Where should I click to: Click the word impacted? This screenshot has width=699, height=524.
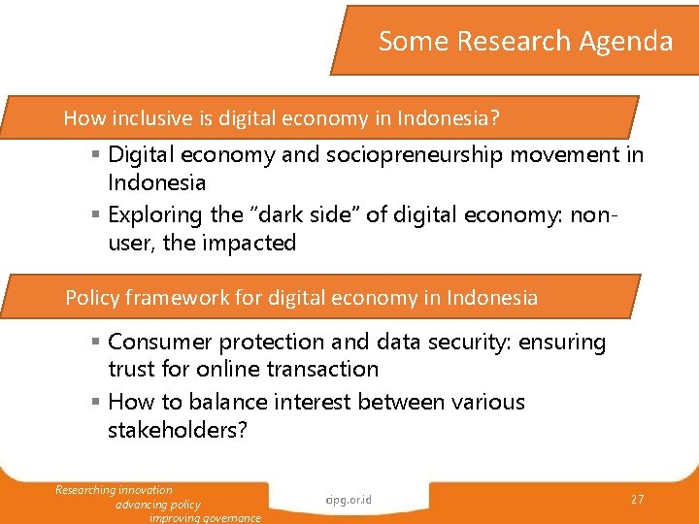coord(249,243)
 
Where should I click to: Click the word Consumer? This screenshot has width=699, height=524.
coord(160,342)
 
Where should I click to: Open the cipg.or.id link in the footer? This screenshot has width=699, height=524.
coord(349,501)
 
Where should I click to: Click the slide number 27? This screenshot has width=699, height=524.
coord(637,499)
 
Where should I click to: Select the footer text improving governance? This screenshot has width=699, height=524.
coord(205,518)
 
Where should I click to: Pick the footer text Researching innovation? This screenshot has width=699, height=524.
coord(114,490)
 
